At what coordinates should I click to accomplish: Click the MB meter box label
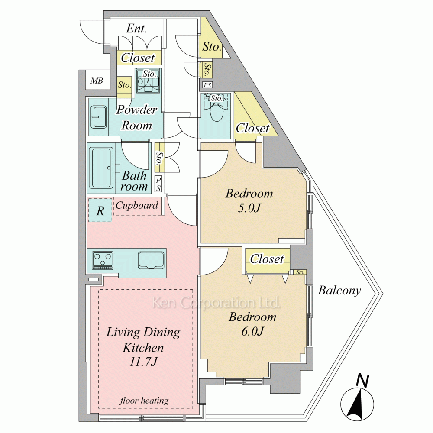[97, 81]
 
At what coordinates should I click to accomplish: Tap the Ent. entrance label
[136, 29]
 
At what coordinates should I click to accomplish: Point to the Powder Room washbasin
[99, 117]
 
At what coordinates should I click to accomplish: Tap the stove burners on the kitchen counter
[103, 260]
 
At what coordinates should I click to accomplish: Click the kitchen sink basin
[151, 260]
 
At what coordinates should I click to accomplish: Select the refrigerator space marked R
[100, 210]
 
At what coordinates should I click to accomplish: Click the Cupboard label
[137, 205]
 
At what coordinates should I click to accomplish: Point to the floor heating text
[144, 401]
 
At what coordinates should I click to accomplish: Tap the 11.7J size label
[143, 361]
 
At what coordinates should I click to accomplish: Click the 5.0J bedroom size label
[249, 208]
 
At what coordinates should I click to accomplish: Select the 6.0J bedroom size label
[253, 331]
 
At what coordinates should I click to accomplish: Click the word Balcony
[339, 291]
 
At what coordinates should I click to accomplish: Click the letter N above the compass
[362, 381]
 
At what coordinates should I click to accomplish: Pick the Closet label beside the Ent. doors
[138, 58]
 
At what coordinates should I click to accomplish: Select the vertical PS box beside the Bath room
[158, 184]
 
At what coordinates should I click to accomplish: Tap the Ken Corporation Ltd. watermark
[216, 303]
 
